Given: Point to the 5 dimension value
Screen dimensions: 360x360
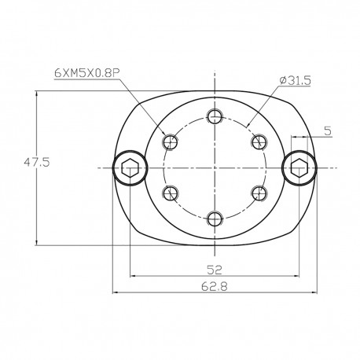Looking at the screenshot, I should click(x=326, y=122).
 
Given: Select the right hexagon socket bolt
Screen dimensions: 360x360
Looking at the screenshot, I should click(x=298, y=168).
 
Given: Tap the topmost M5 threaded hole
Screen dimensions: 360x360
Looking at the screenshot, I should click(x=214, y=118).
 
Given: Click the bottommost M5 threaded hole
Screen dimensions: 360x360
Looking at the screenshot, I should click(x=214, y=218).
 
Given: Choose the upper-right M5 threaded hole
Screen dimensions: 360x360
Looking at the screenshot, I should click(x=257, y=142).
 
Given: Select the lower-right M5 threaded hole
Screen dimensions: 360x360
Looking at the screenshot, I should click(x=257, y=193).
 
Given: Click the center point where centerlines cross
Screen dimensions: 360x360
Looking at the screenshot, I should click(x=214, y=168).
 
